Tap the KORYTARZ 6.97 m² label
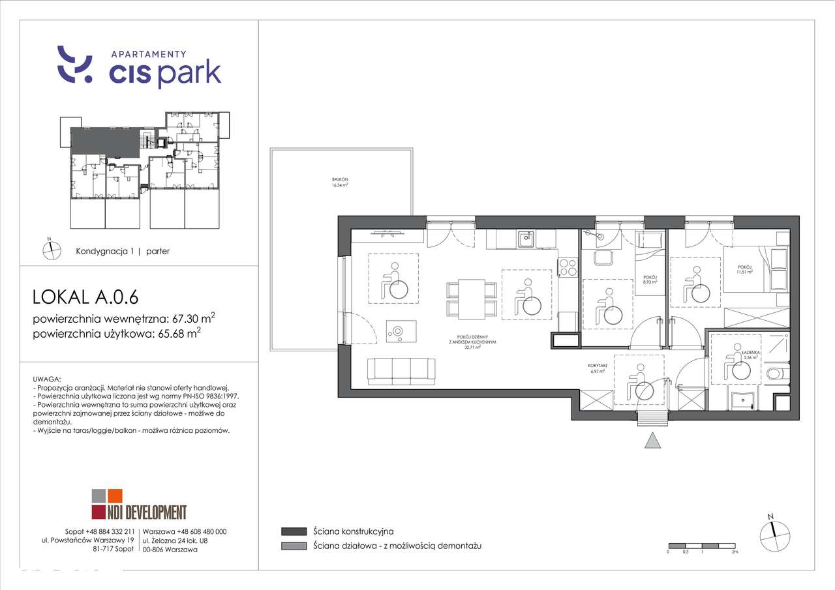coord(598,369)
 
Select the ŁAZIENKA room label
coord(750,355)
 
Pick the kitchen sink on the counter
coord(526,239)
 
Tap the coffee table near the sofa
coord(397,331)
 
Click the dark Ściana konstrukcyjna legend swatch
coord(293,531)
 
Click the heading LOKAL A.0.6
coord(85,297)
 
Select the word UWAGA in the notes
coord(46,379)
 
